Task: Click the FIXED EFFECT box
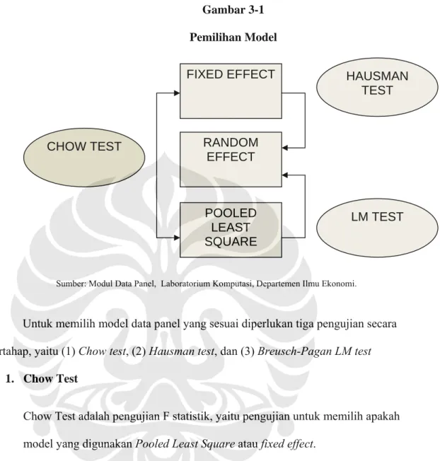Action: [x=231, y=91]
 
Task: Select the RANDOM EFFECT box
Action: [x=231, y=159]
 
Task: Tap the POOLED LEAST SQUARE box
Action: [x=231, y=230]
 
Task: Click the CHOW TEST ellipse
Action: [x=84, y=157]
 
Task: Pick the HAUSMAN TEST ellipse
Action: [x=377, y=87]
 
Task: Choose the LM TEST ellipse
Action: [x=377, y=228]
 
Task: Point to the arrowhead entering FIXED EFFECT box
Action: [x=177, y=93]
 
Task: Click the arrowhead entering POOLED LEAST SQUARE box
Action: [x=177, y=238]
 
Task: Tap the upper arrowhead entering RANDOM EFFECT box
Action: [x=285, y=148]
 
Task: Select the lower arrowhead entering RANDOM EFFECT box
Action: [x=285, y=175]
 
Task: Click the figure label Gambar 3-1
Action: [x=233, y=10]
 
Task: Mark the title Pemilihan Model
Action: [x=233, y=37]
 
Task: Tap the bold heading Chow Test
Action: [x=51, y=379]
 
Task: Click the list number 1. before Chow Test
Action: [x=10, y=379]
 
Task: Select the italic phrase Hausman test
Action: [x=182, y=351]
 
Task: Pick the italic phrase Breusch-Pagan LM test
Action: [x=314, y=351]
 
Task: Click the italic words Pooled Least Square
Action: [x=185, y=443]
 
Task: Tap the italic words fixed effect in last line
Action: [x=287, y=443]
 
